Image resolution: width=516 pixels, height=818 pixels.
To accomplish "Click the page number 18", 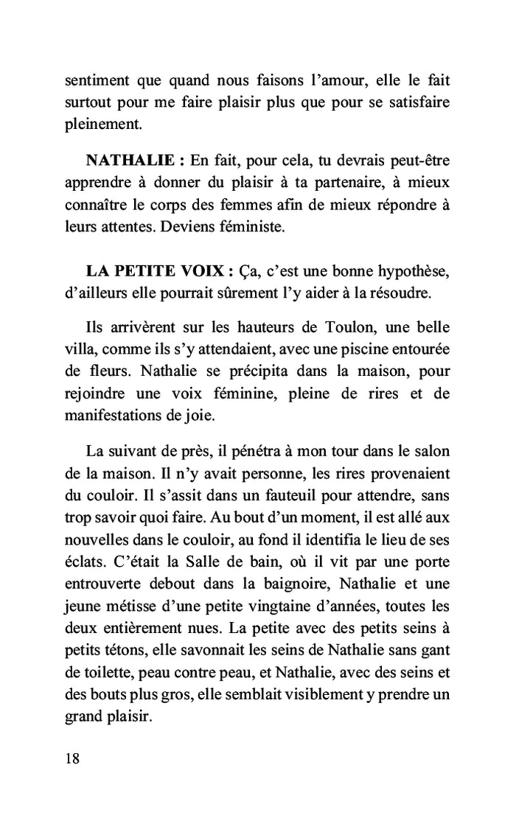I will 72,759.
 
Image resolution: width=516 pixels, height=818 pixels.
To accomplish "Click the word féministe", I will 248,228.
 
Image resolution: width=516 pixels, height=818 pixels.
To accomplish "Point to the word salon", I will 433,451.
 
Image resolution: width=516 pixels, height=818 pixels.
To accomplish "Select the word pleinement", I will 102,125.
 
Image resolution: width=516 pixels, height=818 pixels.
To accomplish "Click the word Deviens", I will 185,228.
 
